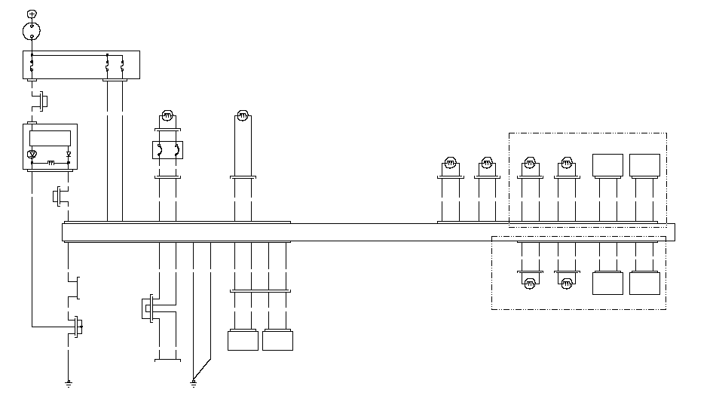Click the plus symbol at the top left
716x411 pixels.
pos(31,14)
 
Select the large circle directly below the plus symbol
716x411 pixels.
pos(31,31)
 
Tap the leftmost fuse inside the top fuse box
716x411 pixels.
pos(32,66)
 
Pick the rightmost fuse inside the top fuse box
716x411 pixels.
pos(122,66)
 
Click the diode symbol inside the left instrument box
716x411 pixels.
pos(69,155)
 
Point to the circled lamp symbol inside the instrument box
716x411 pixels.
pos(32,155)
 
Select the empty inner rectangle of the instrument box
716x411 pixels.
pos(50,137)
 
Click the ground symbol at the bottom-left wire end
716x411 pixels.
pos(69,383)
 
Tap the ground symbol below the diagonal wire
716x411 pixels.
pos(194,383)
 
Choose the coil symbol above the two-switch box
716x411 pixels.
pos(167,116)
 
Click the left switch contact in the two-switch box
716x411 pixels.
pos(159,149)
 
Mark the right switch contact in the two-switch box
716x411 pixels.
pos(176,149)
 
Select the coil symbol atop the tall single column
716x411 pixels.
pos(243,115)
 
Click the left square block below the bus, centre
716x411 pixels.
pos(243,341)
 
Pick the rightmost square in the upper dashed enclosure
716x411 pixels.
pos(644,164)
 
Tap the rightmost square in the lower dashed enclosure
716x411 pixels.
pos(644,283)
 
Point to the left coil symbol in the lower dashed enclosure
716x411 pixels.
pos(529,283)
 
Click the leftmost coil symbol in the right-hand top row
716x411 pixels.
pos(448,162)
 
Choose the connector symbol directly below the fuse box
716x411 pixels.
pos(43,99)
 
